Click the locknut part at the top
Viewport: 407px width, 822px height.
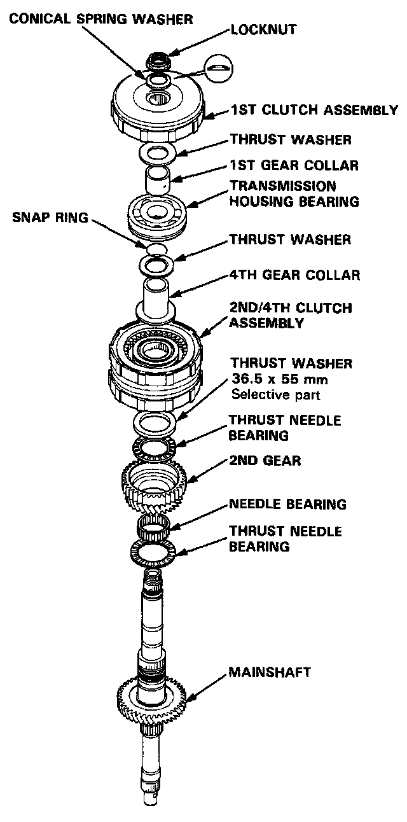click(x=156, y=61)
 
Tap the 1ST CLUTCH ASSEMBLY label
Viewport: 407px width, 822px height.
click(x=314, y=111)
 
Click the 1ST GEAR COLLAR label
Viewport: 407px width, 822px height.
click(x=294, y=165)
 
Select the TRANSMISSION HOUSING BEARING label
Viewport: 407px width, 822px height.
click(x=294, y=193)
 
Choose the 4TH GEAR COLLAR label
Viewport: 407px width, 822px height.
click(x=295, y=275)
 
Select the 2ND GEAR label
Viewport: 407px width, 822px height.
click(x=265, y=460)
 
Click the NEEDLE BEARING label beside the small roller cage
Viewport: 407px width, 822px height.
click(x=287, y=505)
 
